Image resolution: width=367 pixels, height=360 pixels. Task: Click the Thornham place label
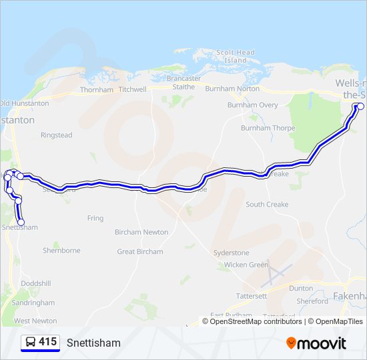tap(97, 89)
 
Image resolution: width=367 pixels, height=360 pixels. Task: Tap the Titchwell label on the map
tap(132, 89)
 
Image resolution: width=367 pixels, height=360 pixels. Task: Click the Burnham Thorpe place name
tap(268, 127)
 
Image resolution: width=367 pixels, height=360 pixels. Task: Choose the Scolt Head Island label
tap(236, 56)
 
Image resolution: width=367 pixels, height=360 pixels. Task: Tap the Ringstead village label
tap(56, 135)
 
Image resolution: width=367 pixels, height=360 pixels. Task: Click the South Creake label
tap(267, 205)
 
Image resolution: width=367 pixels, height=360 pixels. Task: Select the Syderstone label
tap(231, 253)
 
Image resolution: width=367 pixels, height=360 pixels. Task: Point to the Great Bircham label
tap(140, 252)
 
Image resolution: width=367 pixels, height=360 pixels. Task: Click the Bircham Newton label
tap(141, 232)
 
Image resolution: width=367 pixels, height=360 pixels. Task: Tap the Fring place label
tap(95, 218)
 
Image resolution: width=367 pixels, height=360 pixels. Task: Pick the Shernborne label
tap(61, 251)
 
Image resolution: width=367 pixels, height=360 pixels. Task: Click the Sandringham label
tap(33, 302)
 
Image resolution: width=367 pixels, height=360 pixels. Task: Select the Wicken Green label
tap(246, 265)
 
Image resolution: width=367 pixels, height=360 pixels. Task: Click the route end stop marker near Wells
tap(361, 107)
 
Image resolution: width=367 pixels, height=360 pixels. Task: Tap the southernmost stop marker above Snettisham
tap(21, 222)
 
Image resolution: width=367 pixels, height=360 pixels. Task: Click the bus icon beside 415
tap(30, 342)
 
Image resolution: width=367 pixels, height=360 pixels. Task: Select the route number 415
tap(47, 342)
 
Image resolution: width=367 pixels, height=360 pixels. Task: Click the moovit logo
tap(316, 343)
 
